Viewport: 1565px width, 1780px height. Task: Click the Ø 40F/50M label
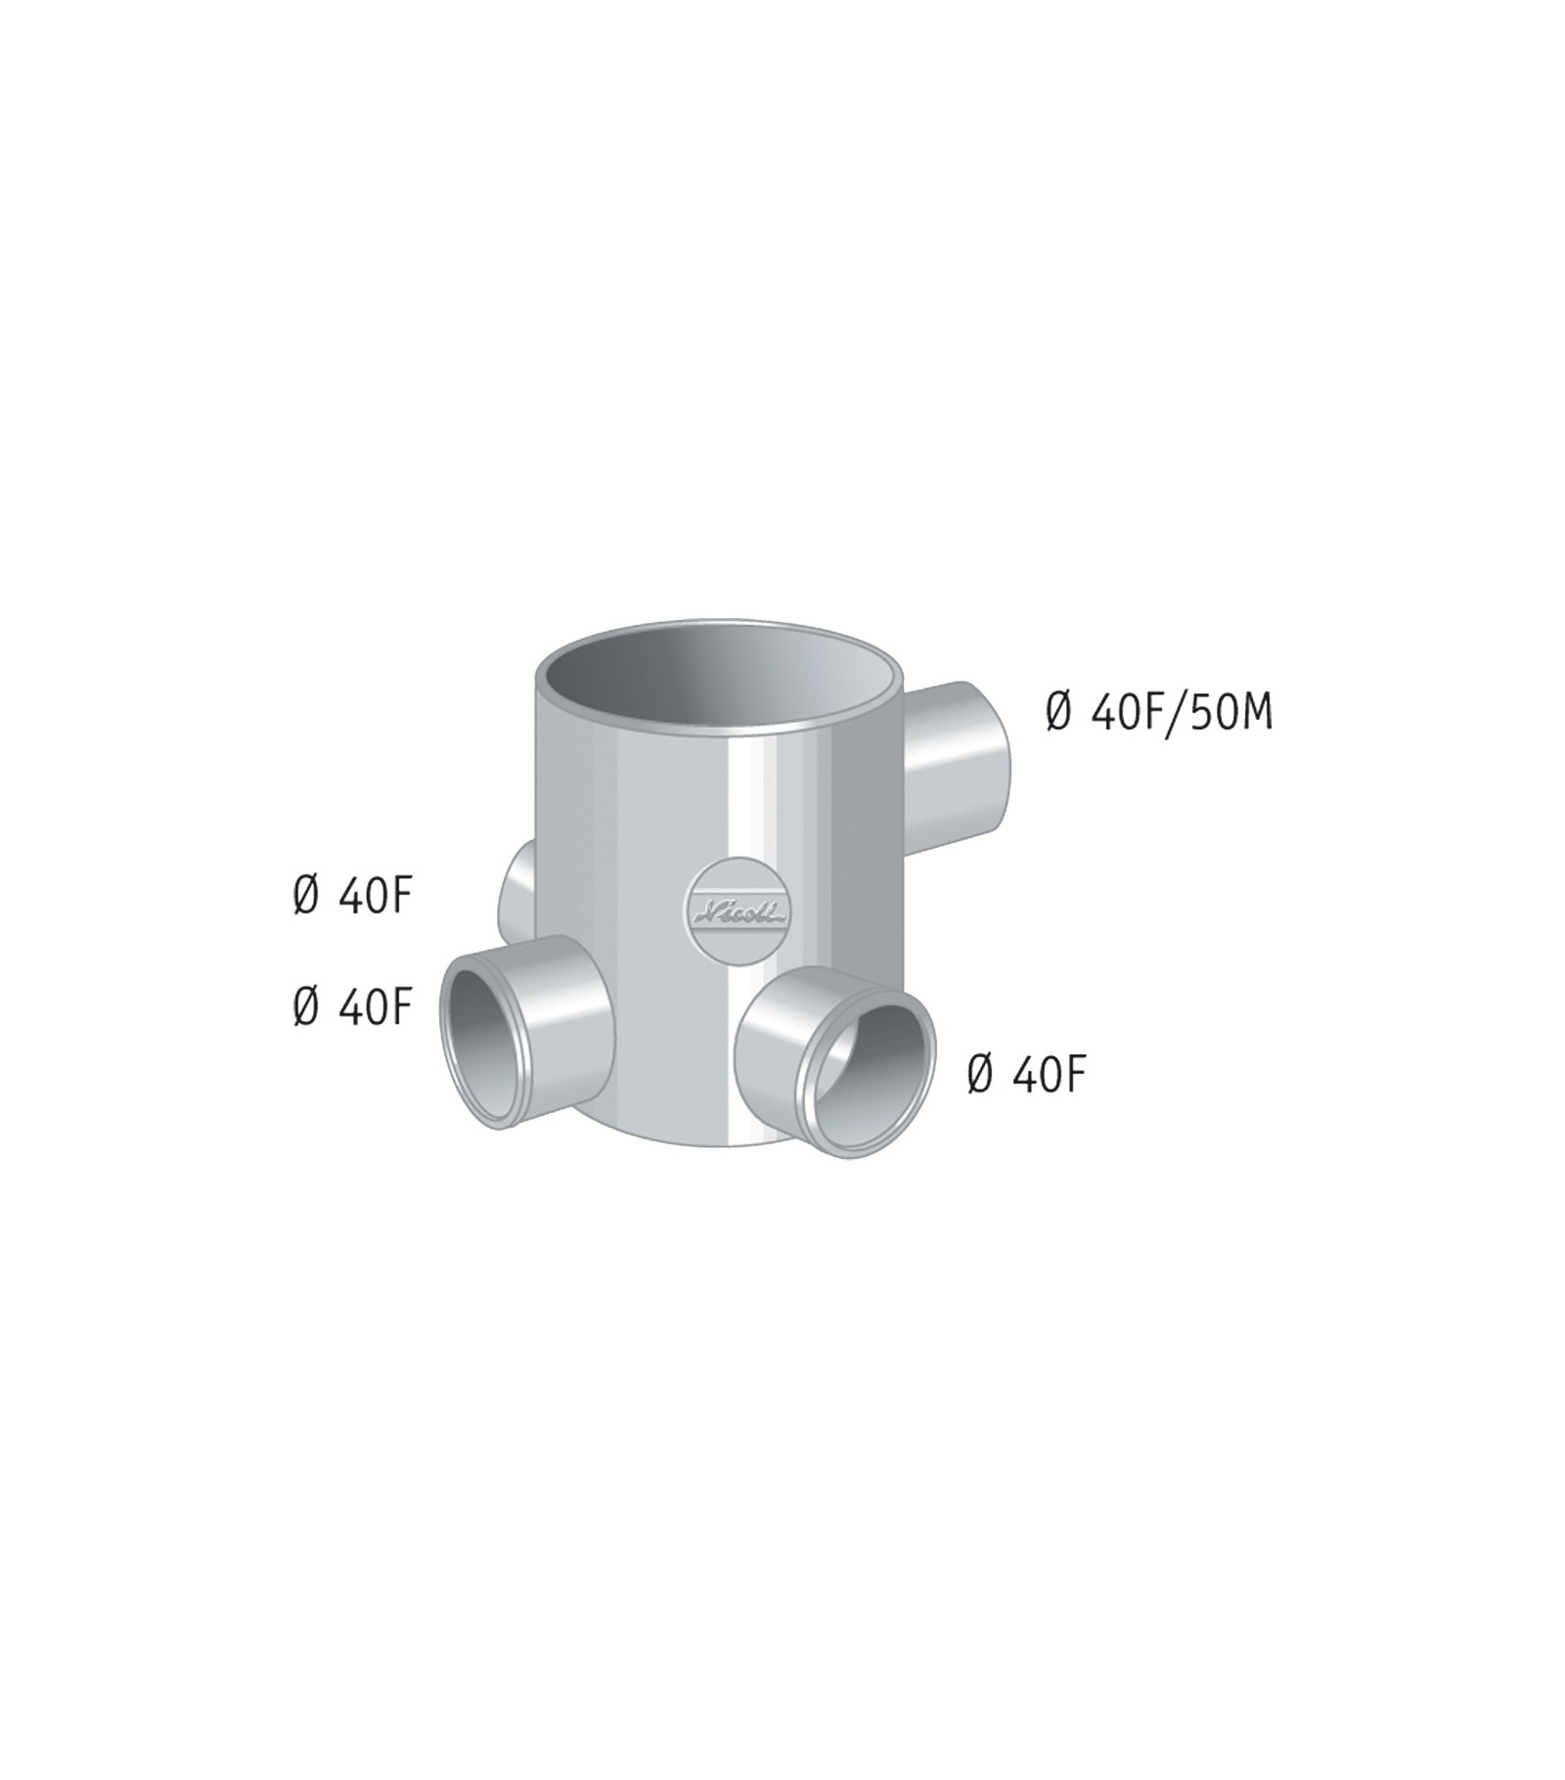(x=1159, y=713)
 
